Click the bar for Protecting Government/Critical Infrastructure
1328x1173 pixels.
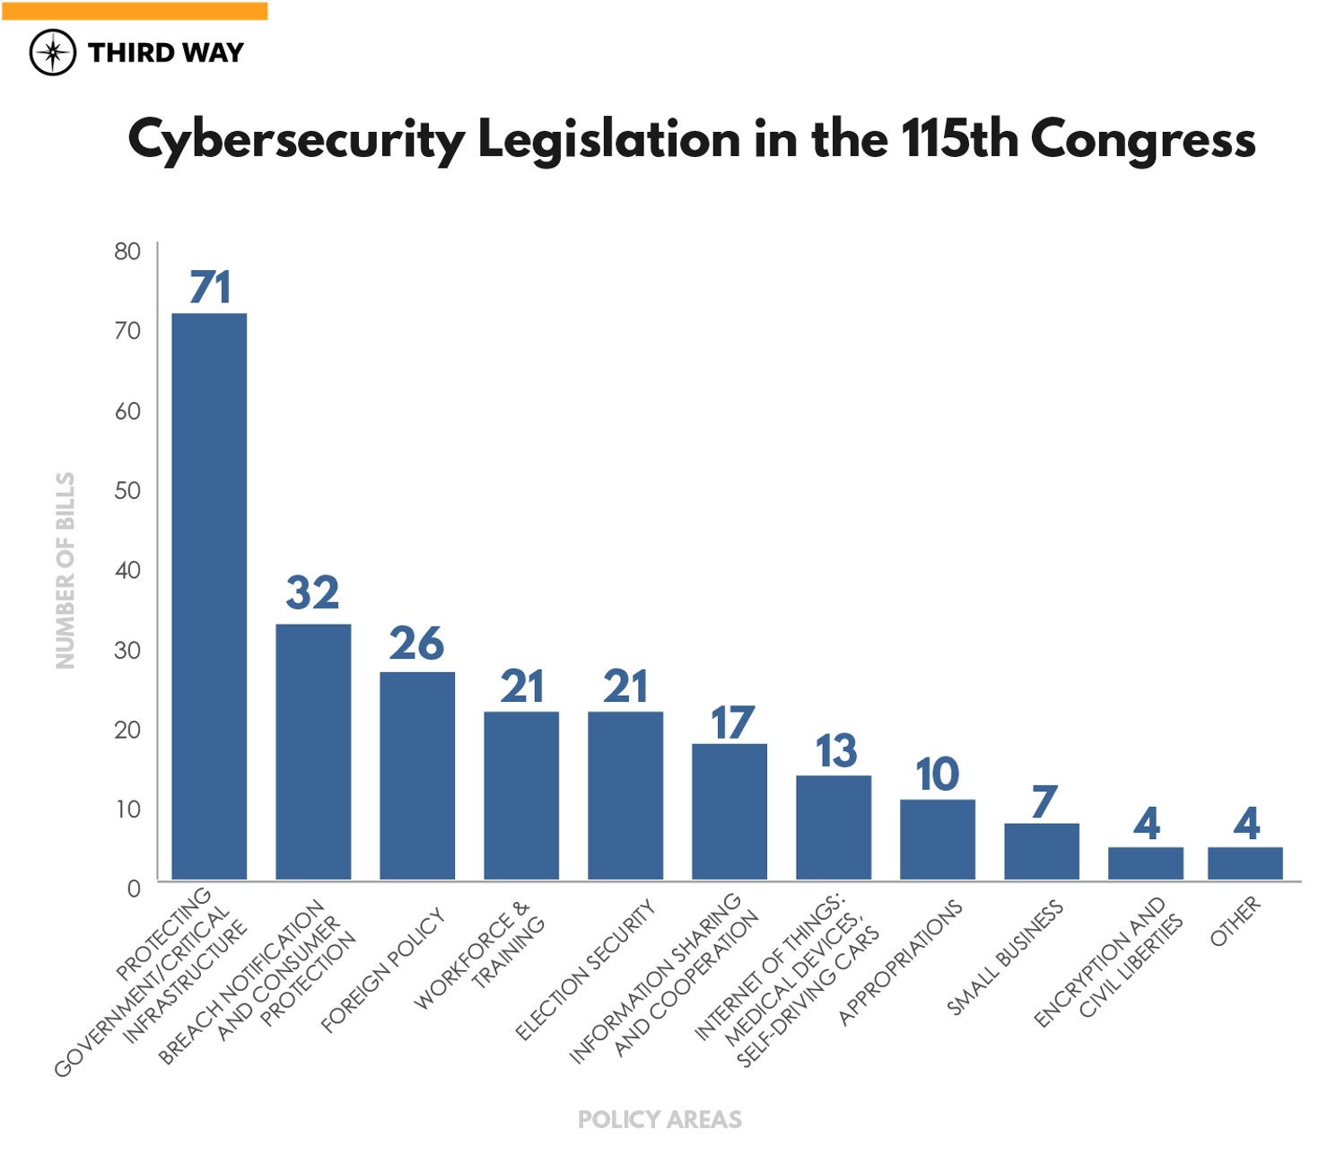(209, 596)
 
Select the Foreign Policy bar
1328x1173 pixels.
(417, 775)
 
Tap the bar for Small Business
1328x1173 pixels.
(1042, 851)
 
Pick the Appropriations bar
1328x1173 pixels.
(938, 839)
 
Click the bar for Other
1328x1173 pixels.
(1245, 862)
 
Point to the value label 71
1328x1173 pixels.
(211, 287)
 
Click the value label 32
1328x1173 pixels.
(312, 592)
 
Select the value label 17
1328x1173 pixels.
(731, 723)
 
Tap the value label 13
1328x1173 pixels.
(835, 751)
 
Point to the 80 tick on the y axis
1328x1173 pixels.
(127, 251)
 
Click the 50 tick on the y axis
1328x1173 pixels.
(127, 490)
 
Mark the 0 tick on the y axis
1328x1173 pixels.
(134, 889)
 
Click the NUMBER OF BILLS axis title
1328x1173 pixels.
(66, 571)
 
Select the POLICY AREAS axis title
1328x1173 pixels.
(660, 1119)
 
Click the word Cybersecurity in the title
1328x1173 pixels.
(296, 141)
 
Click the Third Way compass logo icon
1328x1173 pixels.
(53, 52)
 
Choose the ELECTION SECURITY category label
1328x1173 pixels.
(585, 969)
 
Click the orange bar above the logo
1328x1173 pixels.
(135, 11)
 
